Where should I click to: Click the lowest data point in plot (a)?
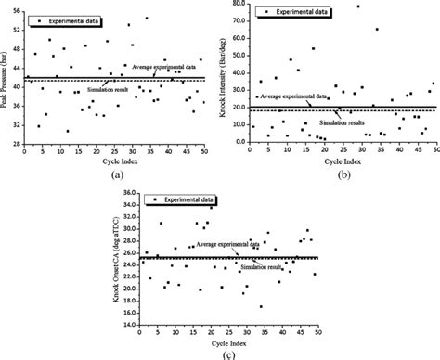point(68,131)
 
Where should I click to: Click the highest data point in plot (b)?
point(359,7)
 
